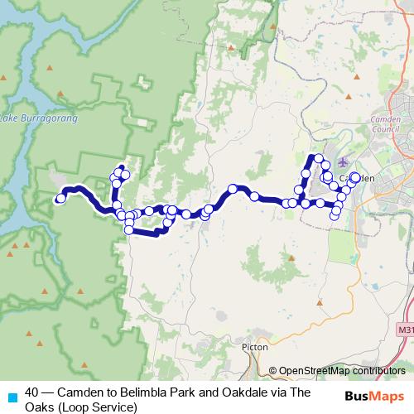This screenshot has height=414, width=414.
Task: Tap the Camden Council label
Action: click(387, 125)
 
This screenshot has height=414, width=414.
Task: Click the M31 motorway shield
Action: click(404, 330)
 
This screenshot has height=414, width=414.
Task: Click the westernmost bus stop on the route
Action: click(60, 198)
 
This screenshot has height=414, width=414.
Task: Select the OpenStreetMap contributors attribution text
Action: click(342, 370)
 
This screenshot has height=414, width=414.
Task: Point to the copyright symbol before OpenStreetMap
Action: click(273, 370)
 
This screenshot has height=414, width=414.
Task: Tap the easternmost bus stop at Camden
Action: click(356, 176)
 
